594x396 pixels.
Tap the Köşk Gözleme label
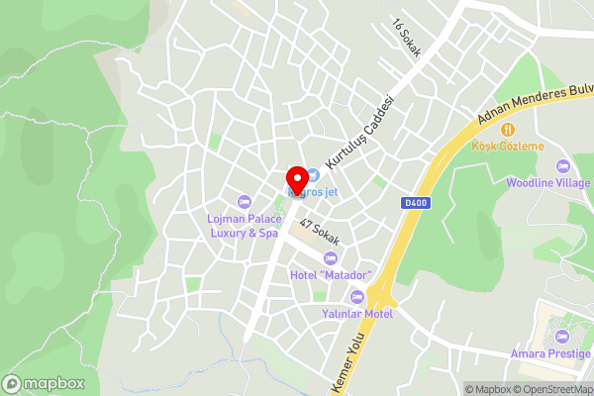click(508, 147)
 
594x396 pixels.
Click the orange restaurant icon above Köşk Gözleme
click(508, 129)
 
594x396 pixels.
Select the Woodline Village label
click(548, 183)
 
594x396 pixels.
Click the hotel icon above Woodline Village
click(563, 165)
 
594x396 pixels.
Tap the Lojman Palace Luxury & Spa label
click(243, 226)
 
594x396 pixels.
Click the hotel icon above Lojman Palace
click(245, 202)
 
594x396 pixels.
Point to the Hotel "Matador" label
click(331, 274)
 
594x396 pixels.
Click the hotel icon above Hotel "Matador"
click(331, 257)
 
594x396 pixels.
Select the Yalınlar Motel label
click(359, 313)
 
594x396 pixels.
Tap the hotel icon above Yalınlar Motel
click(358, 296)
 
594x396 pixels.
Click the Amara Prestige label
click(550, 353)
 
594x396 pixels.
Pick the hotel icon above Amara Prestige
click(563, 336)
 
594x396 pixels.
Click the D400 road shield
click(417, 204)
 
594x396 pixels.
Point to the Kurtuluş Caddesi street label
click(360, 130)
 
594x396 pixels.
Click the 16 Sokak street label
click(406, 40)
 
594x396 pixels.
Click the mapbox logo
click(44, 383)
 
